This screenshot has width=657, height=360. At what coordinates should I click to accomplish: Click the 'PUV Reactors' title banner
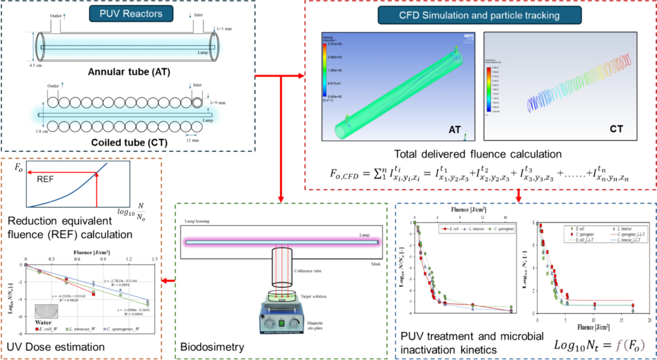click(x=131, y=14)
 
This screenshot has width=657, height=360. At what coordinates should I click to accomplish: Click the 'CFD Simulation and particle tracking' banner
click(x=479, y=15)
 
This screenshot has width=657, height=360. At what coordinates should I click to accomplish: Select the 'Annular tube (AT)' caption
click(x=129, y=71)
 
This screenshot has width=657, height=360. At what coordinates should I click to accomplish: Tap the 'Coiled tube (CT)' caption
click(x=129, y=143)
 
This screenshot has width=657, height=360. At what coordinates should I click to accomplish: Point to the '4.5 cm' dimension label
click(x=36, y=65)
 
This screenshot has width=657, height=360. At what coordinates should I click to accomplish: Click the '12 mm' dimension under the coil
click(x=193, y=140)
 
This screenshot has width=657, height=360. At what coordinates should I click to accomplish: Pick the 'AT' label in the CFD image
click(x=454, y=130)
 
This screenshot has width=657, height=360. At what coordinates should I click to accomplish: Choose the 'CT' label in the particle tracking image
click(x=616, y=129)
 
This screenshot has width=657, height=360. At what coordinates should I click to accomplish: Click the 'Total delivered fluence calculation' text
click(x=478, y=154)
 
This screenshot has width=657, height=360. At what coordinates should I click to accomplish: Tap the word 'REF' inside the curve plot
click(x=45, y=179)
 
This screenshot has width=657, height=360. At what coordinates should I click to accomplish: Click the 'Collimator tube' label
click(x=308, y=271)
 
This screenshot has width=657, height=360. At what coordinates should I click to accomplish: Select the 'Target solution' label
click(x=313, y=296)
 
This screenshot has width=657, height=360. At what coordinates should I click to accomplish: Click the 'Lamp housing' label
click(x=197, y=221)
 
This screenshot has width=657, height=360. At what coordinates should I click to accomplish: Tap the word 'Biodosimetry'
click(x=212, y=347)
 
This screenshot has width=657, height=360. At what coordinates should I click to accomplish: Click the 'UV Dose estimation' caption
click(x=56, y=347)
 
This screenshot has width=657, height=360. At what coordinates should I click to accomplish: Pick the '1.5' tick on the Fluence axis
click(x=155, y=259)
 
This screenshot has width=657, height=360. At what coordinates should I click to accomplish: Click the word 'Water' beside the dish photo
click(x=43, y=322)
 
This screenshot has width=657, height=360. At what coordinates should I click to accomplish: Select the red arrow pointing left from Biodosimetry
click(x=168, y=281)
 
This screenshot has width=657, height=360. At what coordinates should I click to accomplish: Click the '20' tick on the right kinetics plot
click(x=650, y=320)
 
